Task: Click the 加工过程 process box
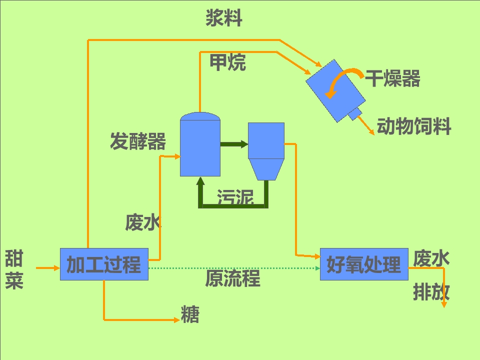pyautogui.click(x=104, y=264)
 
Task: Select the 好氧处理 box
pyautogui.click(x=363, y=264)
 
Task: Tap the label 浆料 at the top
pyautogui.click(x=224, y=18)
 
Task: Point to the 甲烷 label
pyautogui.click(x=227, y=62)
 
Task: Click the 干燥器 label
pyautogui.click(x=392, y=78)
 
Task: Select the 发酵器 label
pyautogui.click(x=138, y=141)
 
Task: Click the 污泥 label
pyautogui.click(x=235, y=198)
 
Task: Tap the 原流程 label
pyautogui.click(x=232, y=278)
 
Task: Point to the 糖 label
pyautogui.click(x=190, y=315)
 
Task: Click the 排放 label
pyautogui.click(x=431, y=292)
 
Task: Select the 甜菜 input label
pyautogui.click(x=14, y=270)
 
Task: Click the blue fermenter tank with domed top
pyautogui.click(x=200, y=145)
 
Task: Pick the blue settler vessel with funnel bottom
pyautogui.click(x=266, y=150)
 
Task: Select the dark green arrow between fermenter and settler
pyautogui.click(x=234, y=144)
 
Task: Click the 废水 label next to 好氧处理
pyautogui.click(x=431, y=258)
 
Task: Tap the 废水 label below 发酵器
pyautogui.click(x=143, y=222)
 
